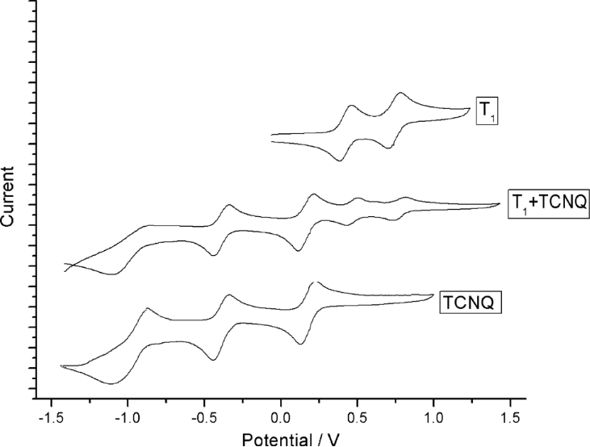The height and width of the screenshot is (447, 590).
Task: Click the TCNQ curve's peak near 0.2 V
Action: (313, 282)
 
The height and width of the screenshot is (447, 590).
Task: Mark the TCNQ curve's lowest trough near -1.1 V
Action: (112, 383)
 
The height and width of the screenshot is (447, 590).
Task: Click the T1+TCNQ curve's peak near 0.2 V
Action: (312, 194)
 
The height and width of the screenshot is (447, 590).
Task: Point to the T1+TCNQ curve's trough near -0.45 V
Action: (214, 255)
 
